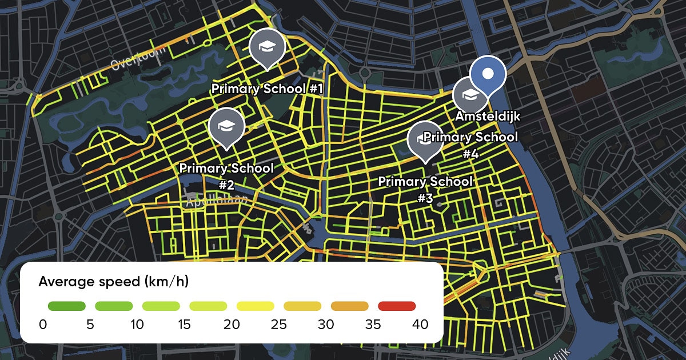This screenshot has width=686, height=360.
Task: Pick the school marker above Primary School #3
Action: pyautogui.click(x=425, y=139)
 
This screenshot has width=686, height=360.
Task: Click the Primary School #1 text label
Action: pyautogui.click(x=268, y=89)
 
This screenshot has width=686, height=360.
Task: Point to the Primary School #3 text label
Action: pyautogui.click(x=425, y=189)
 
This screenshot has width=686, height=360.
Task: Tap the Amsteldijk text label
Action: pyautogui.click(x=488, y=116)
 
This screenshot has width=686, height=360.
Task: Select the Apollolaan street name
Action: pyautogui.click(x=216, y=200)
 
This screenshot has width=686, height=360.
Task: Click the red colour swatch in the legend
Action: pyautogui.click(x=397, y=306)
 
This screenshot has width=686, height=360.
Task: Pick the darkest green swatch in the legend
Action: pyautogui.click(x=66, y=306)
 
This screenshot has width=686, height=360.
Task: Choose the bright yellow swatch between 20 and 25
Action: pyautogui.click(x=255, y=306)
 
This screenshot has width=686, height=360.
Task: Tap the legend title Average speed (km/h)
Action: pyautogui.click(x=114, y=281)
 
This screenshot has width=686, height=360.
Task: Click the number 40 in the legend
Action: pyautogui.click(x=420, y=325)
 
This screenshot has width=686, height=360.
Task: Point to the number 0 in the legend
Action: pyautogui.click(x=43, y=325)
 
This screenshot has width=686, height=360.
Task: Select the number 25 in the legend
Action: pyautogui.click(x=278, y=325)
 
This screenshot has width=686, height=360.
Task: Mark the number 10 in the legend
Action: pyautogui.click(x=137, y=325)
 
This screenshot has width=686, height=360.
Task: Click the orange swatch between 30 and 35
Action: pyautogui.click(x=349, y=306)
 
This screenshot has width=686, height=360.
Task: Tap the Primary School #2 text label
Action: pyautogui.click(x=226, y=176)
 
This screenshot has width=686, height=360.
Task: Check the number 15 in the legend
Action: pyautogui.click(x=184, y=325)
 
